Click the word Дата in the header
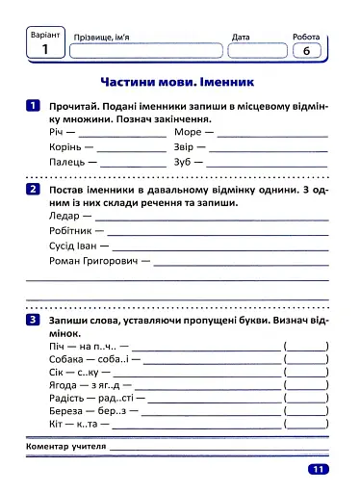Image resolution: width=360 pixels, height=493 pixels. [x=241, y=37]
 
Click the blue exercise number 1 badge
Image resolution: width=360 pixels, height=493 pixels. [x=34, y=105]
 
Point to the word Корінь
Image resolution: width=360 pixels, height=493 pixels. [x=65, y=148]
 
